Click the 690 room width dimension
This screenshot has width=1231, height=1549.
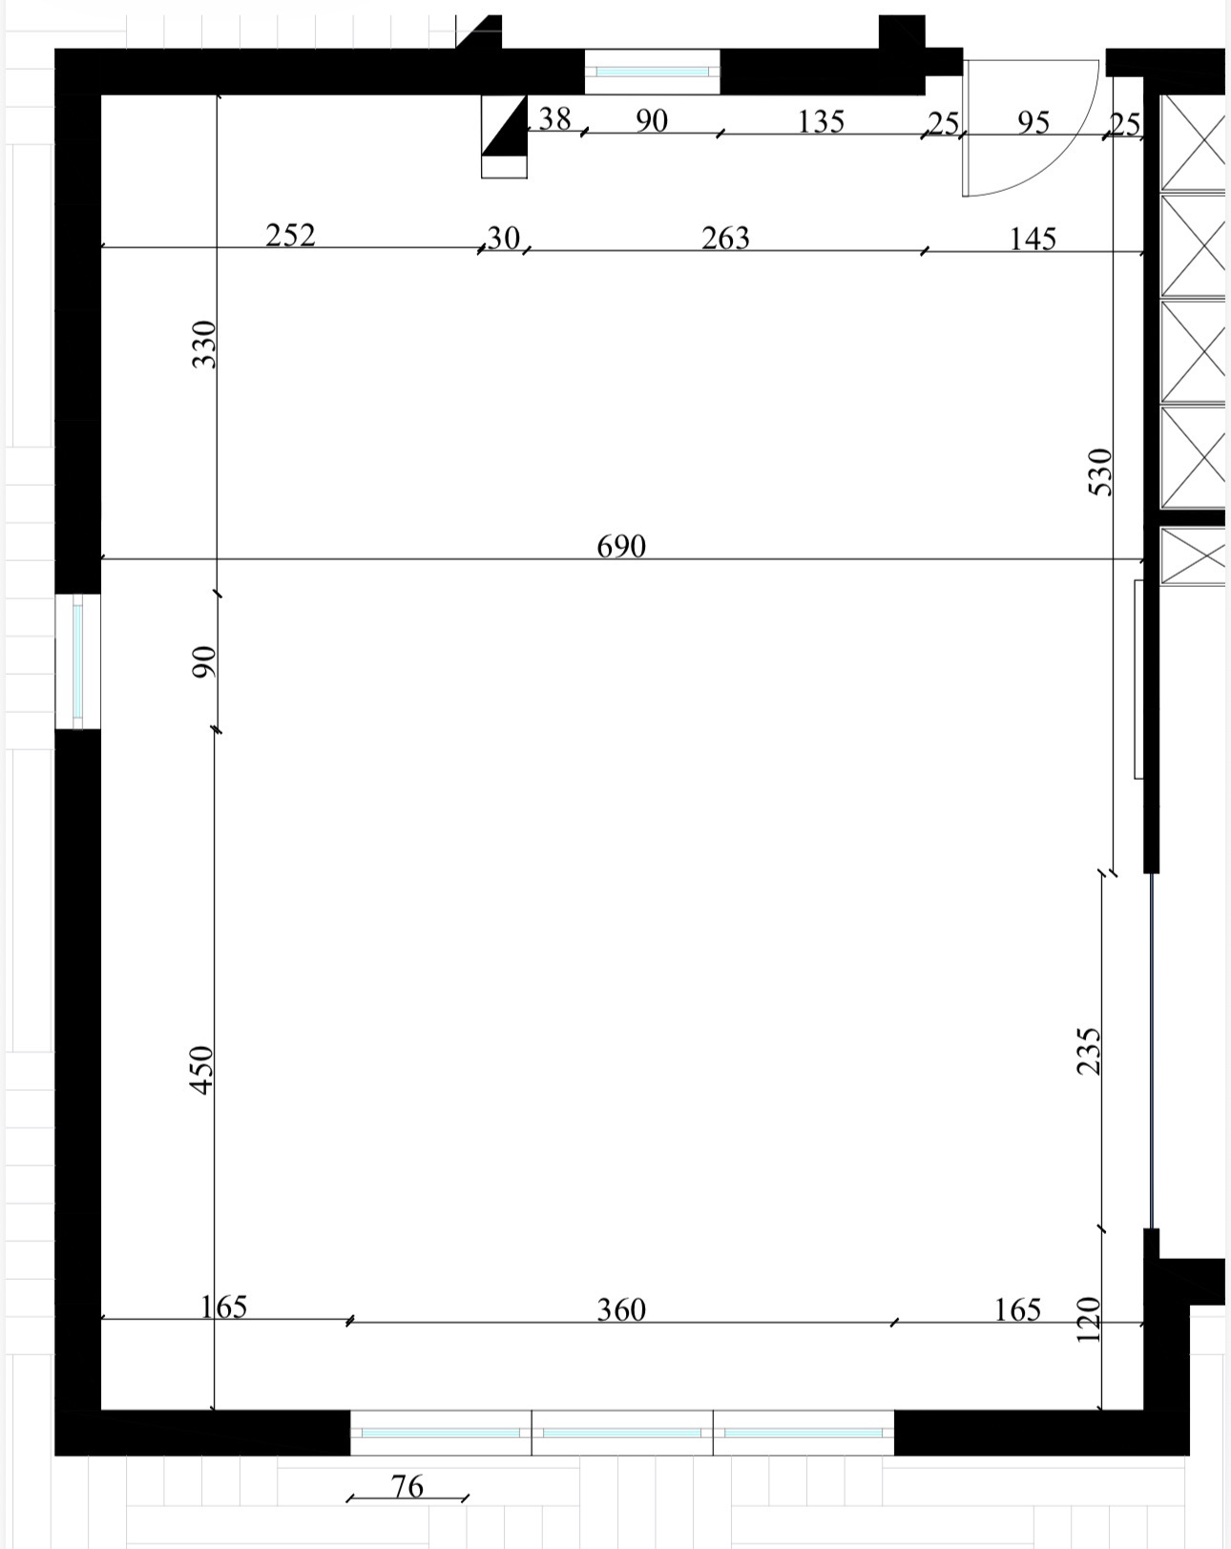tap(621, 546)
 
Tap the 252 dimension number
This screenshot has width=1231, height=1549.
tap(290, 236)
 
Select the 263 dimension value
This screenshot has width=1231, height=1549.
tap(725, 239)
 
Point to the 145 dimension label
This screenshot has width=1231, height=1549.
tap(1033, 239)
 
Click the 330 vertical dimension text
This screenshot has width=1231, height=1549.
tap(204, 344)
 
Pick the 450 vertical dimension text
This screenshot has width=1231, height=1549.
tap(202, 1070)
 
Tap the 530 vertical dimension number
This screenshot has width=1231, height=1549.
tap(1100, 472)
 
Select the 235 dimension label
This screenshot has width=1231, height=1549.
tap(1089, 1052)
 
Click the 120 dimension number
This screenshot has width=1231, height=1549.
tap(1089, 1319)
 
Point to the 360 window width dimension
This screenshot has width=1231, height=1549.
tap(621, 1309)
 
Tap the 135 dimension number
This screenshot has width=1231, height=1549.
tap(821, 122)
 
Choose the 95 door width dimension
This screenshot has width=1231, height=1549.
tap(1033, 123)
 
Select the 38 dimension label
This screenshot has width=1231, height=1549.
tap(554, 119)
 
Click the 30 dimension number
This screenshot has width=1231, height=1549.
tap(503, 239)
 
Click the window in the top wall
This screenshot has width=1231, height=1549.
tap(652, 72)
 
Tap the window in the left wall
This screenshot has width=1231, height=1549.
tap(77, 661)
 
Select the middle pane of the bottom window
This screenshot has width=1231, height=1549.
tap(622, 1434)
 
